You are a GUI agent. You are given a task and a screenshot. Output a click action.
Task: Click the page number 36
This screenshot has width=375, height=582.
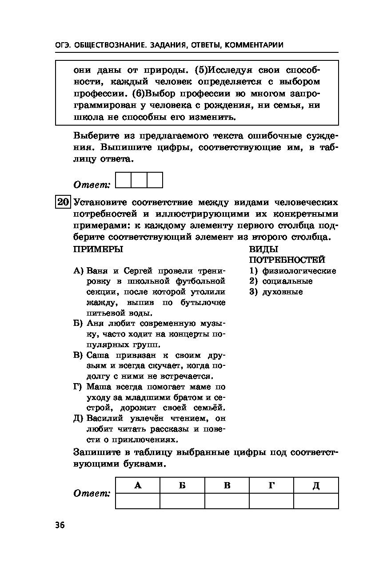pyautogui.click(x=60, y=525)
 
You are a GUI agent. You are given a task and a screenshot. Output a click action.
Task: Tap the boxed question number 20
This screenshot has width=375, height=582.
pyautogui.click(x=63, y=202)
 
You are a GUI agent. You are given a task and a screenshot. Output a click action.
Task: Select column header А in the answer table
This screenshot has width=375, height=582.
pyautogui.click(x=138, y=485)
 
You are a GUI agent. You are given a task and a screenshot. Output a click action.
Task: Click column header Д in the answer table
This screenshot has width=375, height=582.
pyautogui.click(x=316, y=485)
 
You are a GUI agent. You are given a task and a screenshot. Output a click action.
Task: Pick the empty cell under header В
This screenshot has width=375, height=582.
pyautogui.click(x=227, y=501)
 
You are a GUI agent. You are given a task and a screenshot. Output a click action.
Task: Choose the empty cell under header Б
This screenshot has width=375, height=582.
pyautogui.click(x=182, y=501)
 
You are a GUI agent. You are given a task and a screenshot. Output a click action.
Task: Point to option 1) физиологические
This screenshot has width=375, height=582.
pyautogui.click(x=293, y=271)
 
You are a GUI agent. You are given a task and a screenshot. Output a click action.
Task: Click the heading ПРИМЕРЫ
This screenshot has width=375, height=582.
pyautogui.click(x=98, y=249)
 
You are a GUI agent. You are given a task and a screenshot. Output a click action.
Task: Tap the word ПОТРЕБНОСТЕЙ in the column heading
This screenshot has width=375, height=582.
pyautogui.click(x=287, y=260)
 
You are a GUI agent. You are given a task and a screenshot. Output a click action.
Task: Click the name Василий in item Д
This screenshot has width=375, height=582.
pyautogui.click(x=105, y=418)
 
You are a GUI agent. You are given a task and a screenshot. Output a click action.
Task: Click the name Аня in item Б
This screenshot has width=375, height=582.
pyautogui.click(x=94, y=323)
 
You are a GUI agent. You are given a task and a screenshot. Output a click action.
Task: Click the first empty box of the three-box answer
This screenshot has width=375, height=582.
pyautogui.click(x=123, y=180)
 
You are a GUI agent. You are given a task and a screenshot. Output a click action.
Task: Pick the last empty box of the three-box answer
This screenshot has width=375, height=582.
pyautogui.click(x=155, y=180)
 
